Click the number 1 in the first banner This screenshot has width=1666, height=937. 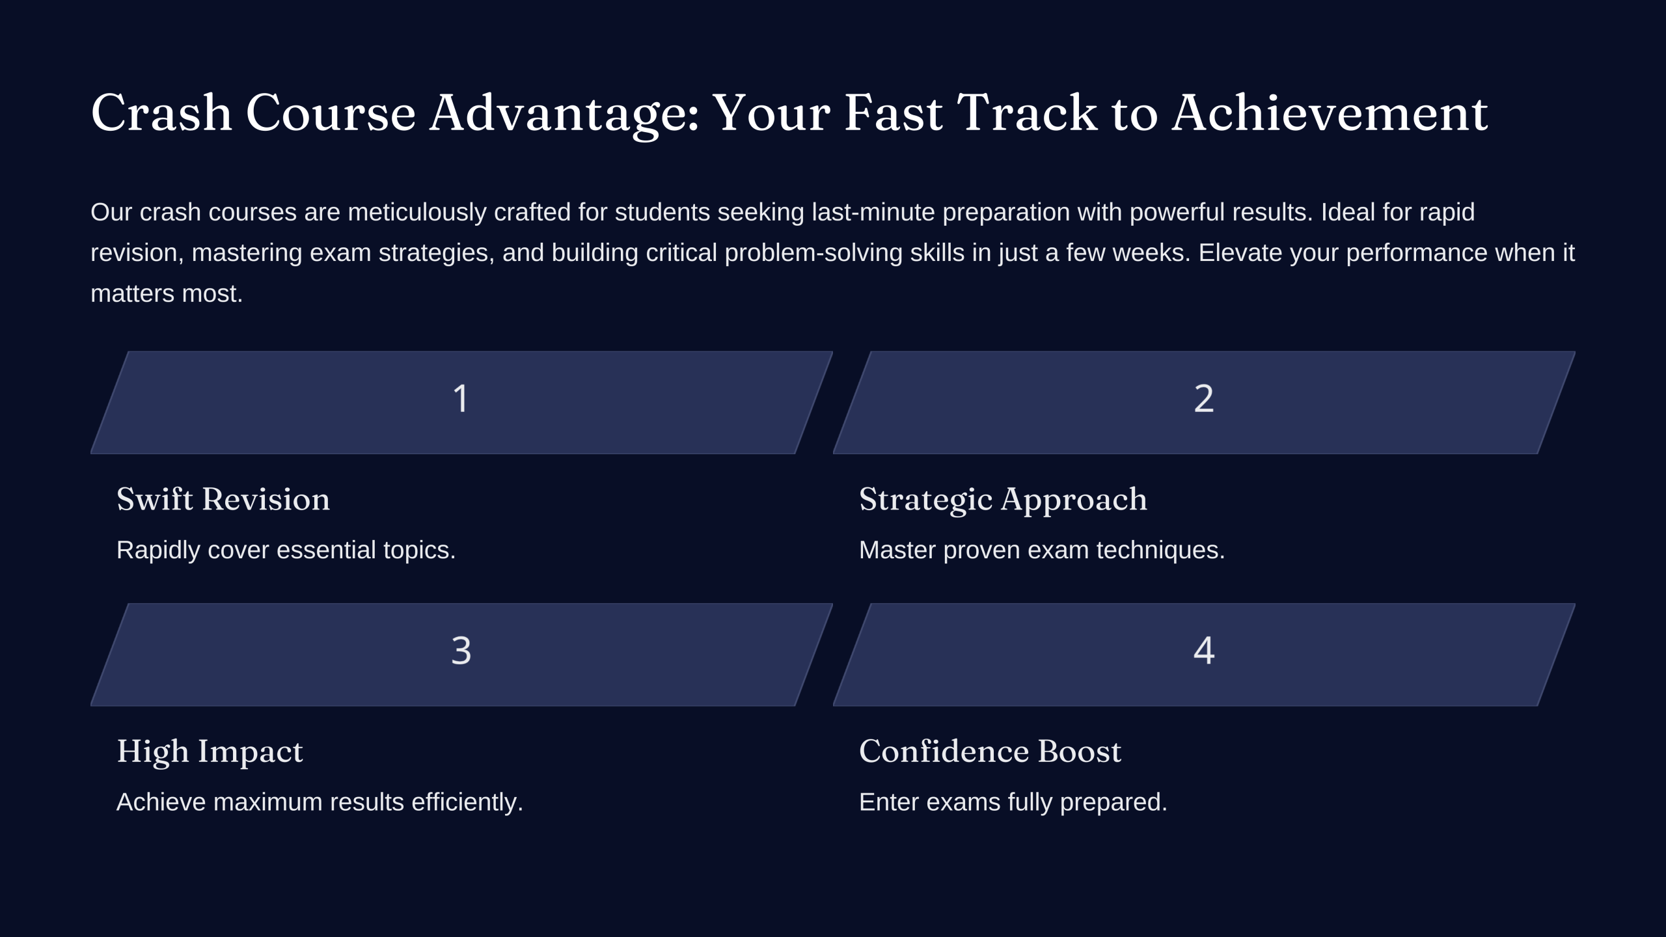pos(461,398)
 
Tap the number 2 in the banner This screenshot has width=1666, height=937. pos(1204,398)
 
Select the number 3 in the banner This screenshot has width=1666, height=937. pos(461,650)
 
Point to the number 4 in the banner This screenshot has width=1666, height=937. pos(1204,650)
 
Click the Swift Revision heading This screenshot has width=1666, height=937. pos(223,499)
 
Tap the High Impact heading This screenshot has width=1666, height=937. pos(210,752)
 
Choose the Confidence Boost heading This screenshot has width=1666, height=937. pos(990,751)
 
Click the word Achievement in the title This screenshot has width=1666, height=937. pos(1330,113)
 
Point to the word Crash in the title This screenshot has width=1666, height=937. pos(161,113)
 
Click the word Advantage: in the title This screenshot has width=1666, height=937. pos(564,115)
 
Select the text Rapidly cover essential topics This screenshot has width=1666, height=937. pos(286,550)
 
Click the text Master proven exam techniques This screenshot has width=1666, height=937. pos(1042,550)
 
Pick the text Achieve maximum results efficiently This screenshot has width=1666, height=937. pos(320,802)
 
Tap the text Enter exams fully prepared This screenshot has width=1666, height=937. pos(1013,802)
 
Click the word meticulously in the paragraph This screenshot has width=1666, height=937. pos(417,213)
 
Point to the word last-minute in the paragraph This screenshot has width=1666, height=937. pos(873,212)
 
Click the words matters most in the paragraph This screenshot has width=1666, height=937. pos(167,294)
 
